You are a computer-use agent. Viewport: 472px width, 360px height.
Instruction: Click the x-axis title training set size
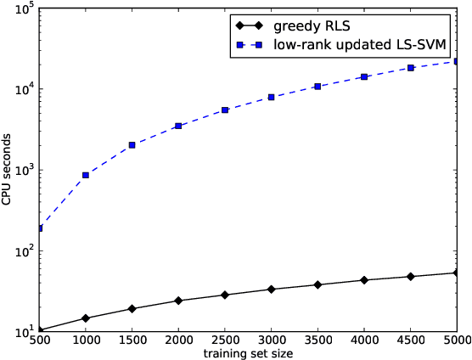[x=249, y=352]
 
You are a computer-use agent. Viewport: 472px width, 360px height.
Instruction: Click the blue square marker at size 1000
[x=86, y=175]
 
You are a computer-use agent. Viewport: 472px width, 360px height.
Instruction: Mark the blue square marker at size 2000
[x=178, y=126]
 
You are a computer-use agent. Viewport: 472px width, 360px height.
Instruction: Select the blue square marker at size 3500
[x=317, y=87]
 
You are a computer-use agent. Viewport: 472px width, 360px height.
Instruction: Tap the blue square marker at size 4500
[x=411, y=68]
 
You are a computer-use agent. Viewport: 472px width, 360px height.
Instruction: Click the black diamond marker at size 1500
[x=132, y=309]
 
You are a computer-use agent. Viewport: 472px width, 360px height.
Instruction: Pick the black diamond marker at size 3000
[x=271, y=290]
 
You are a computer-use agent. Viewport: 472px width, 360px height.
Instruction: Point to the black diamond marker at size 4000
[x=364, y=280]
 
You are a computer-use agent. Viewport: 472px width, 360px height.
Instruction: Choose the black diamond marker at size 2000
[x=178, y=301]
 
